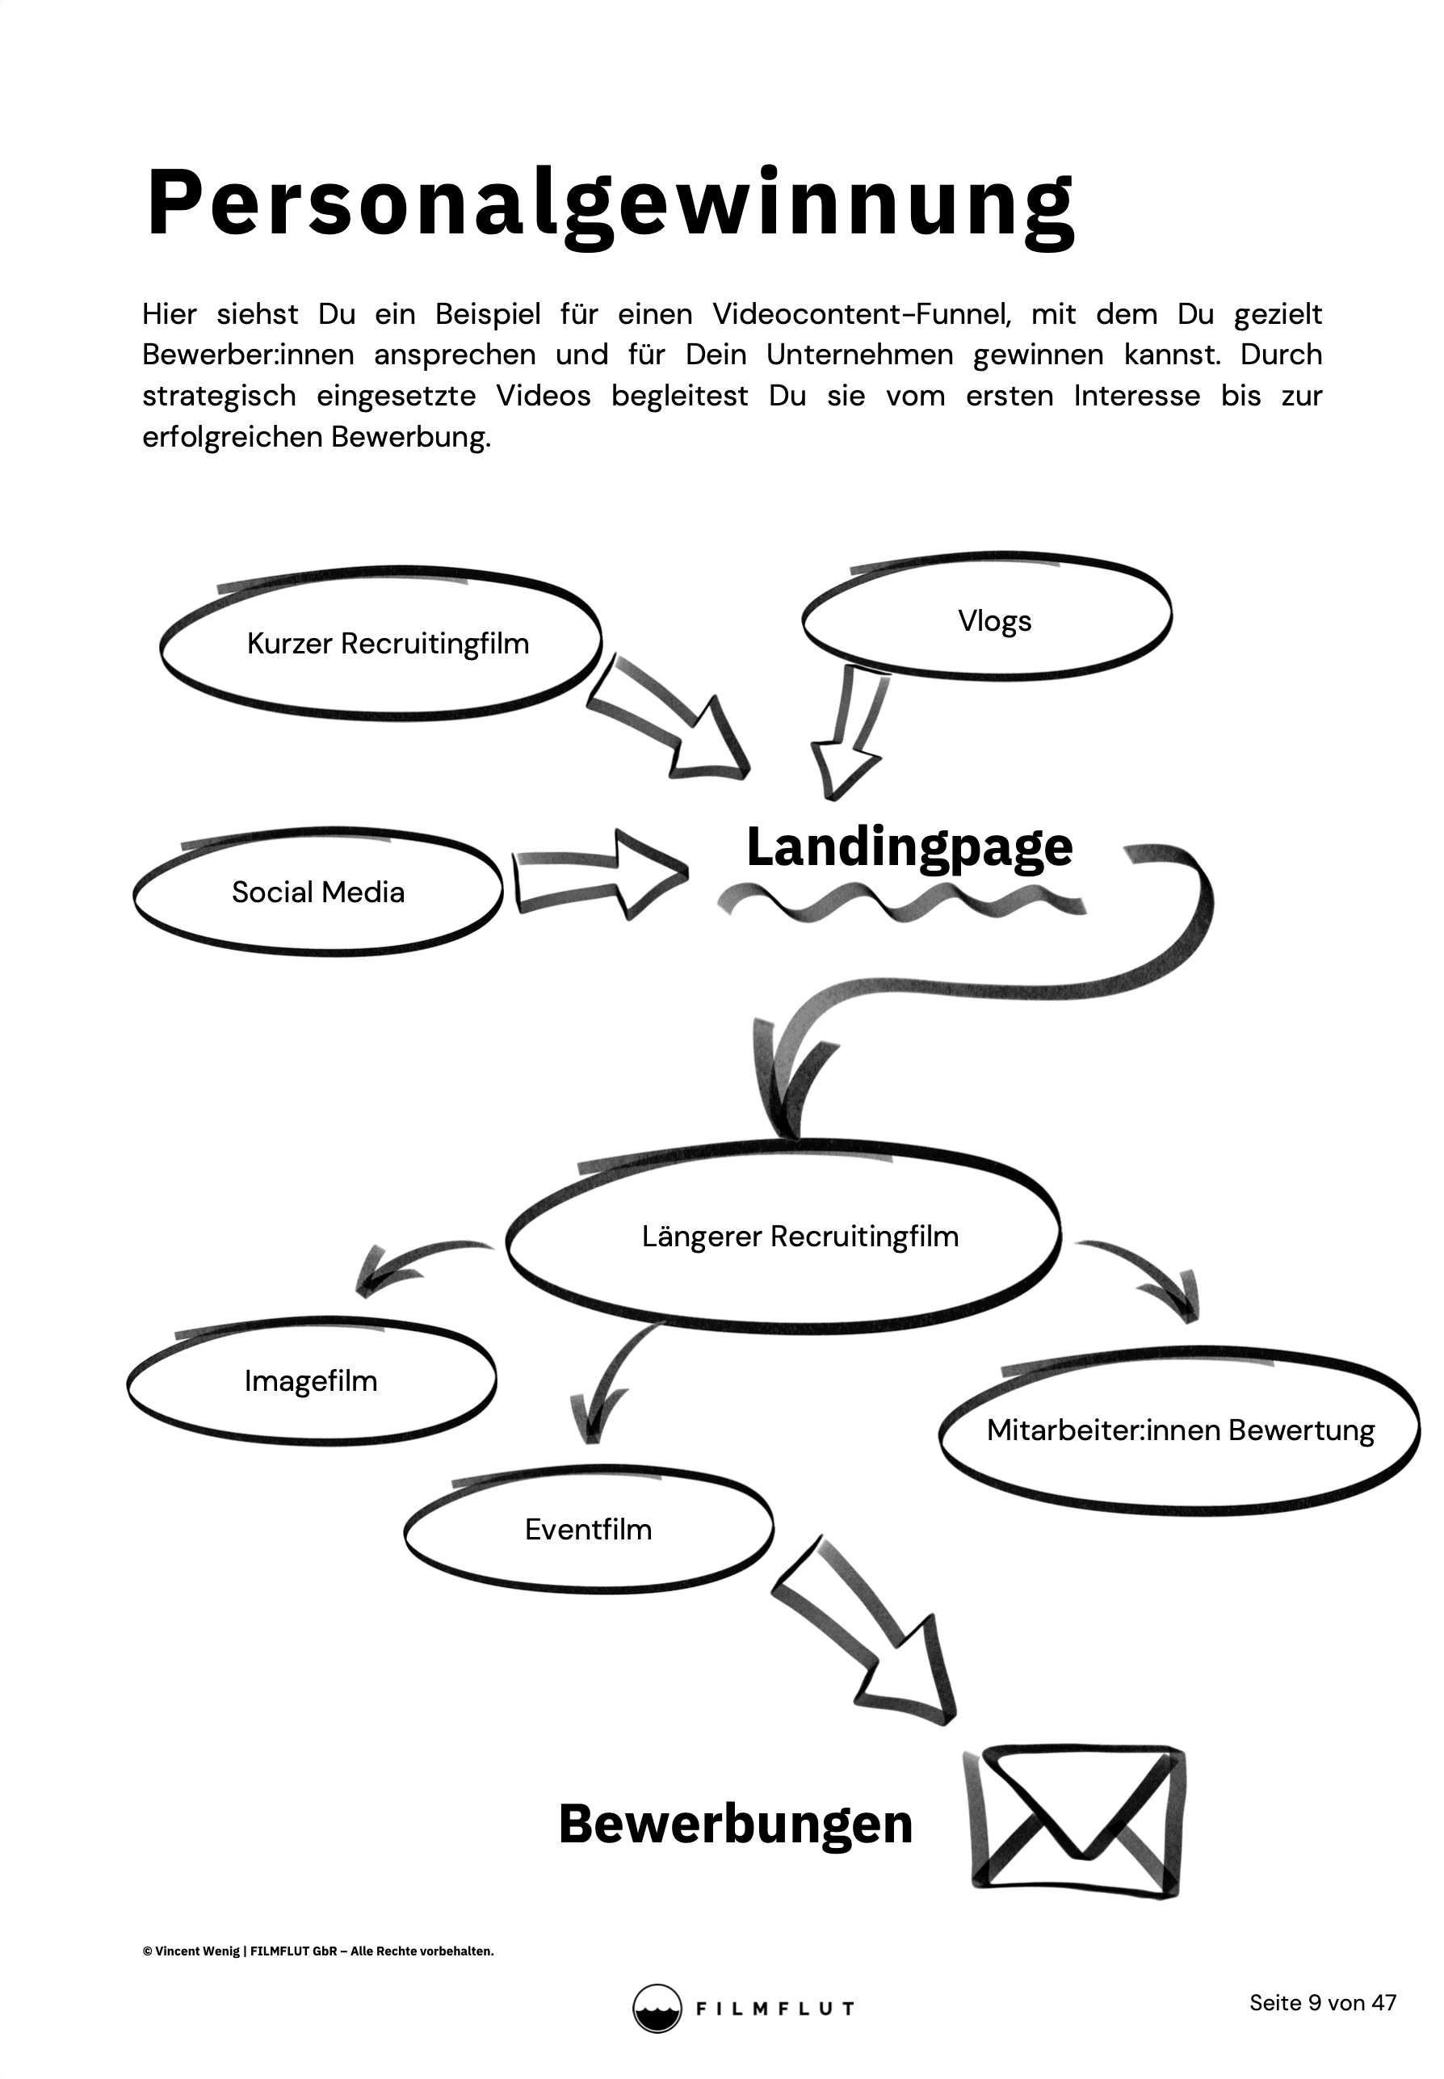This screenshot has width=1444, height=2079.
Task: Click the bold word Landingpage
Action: pos(909,848)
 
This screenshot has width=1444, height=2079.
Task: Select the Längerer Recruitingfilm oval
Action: pos(799,1237)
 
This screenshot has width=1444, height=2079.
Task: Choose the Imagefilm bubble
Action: pos(310,1381)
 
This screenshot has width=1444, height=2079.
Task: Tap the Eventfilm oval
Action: pos(588,1530)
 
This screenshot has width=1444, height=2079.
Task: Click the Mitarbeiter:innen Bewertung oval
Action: pos(1180,1430)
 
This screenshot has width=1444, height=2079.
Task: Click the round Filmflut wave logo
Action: pos(656,2008)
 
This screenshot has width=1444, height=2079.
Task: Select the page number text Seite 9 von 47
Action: pos(1322,2003)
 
